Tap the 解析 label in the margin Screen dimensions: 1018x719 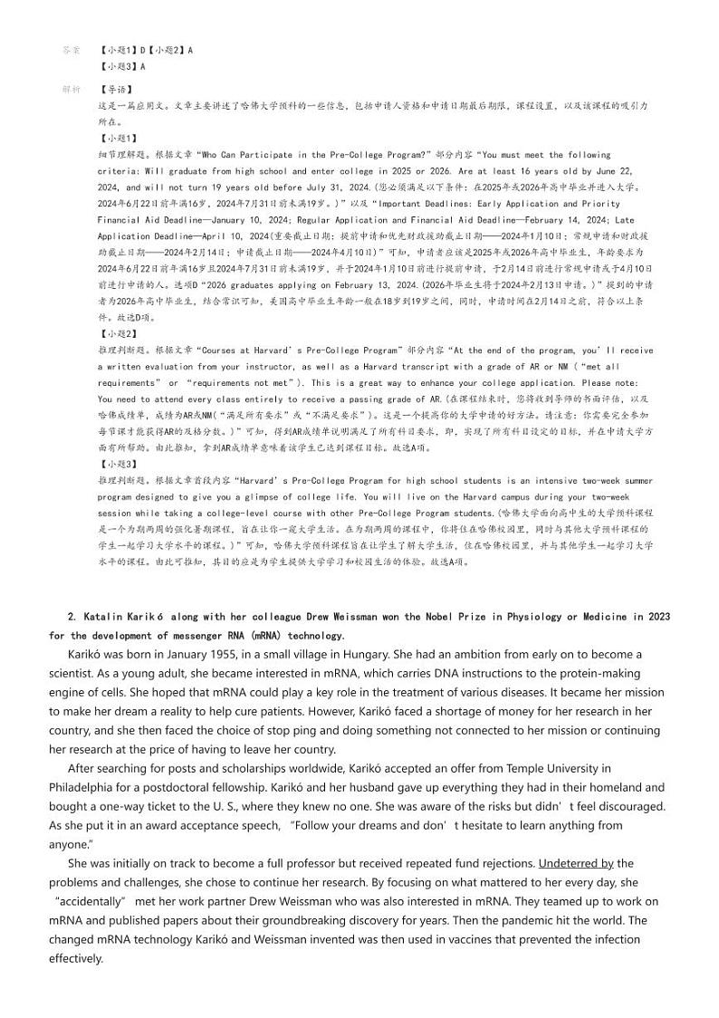[x=72, y=90]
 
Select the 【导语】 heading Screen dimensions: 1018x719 [x=115, y=90]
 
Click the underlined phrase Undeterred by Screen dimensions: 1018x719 [x=576, y=863]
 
